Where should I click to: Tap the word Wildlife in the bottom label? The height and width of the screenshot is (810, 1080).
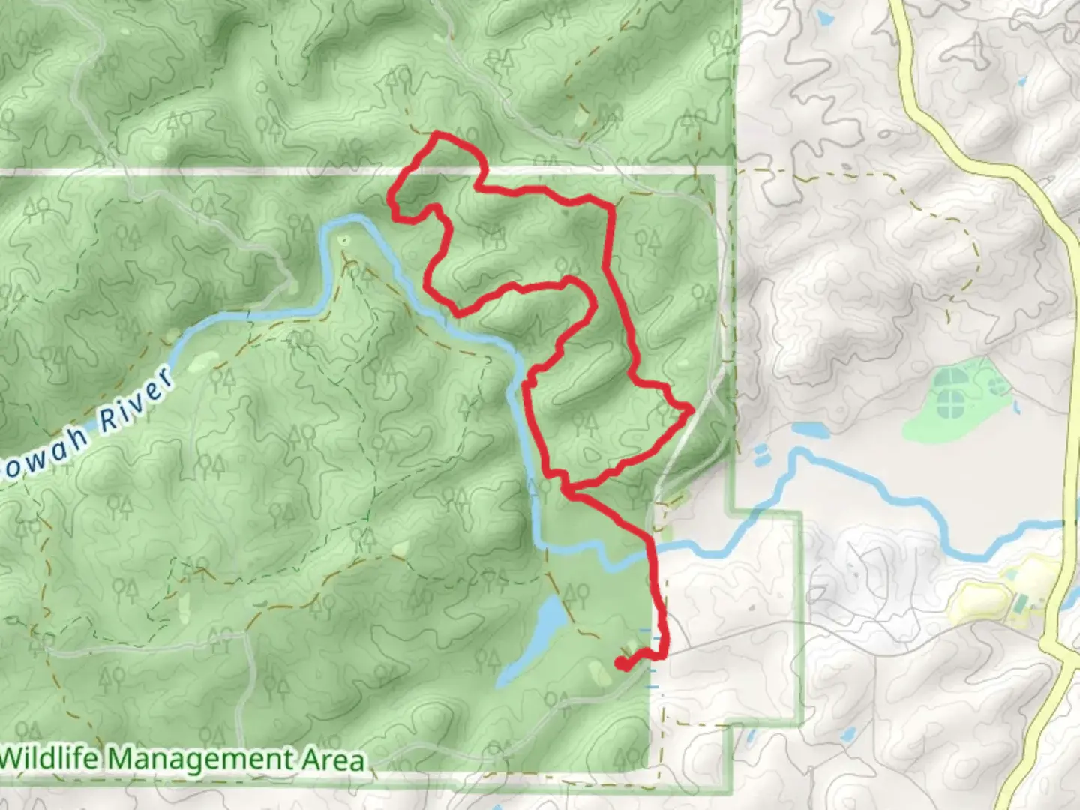49,759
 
